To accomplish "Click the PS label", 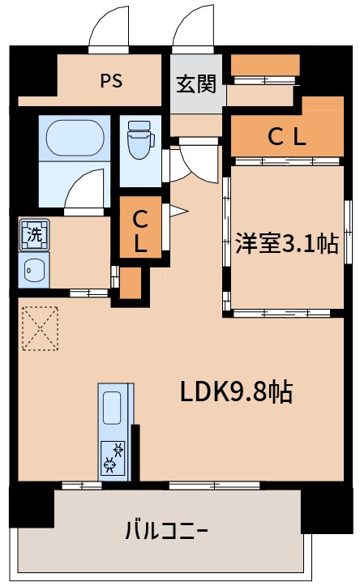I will pyautogui.click(x=111, y=80).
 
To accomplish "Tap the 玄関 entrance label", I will pyautogui.click(x=196, y=84).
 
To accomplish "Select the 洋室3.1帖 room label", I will pyautogui.click(x=286, y=244).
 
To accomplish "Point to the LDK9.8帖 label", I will pyautogui.click(x=235, y=392).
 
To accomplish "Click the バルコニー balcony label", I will pyautogui.click(x=166, y=533).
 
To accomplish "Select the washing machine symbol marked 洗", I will pyautogui.click(x=34, y=235).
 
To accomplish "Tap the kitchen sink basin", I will pyautogui.click(x=112, y=405).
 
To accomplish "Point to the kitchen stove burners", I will pyautogui.click(x=111, y=457).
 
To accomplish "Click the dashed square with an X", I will pyautogui.click(x=41, y=327).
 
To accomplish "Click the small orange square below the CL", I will pyautogui.click(x=130, y=281).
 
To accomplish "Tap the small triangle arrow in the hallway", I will pyautogui.click(x=179, y=212).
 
